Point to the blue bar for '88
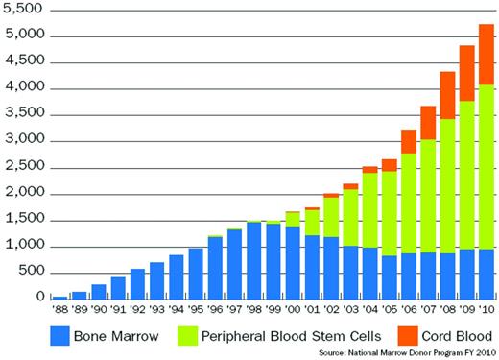pyautogui.click(x=60, y=296)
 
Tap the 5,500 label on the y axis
pyautogui.click(x=23, y=10)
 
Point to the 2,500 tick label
pyautogui.click(x=23, y=167)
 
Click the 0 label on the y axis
pyautogui.click(x=38, y=299)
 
